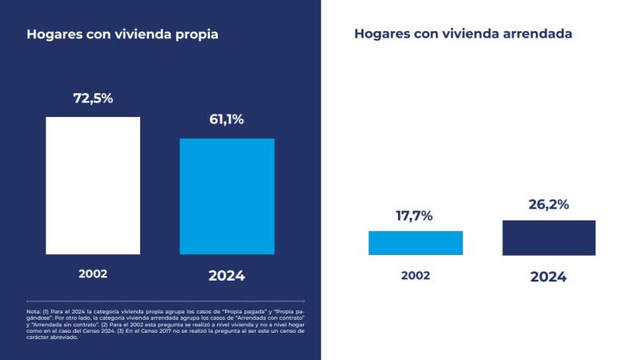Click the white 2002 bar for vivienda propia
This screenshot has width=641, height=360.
tap(93, 185)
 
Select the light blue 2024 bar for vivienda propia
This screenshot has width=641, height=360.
tap(227, 196)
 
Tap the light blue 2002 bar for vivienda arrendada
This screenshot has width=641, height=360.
tap(415, 243)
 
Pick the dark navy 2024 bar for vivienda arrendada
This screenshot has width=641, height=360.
tap(549, 237)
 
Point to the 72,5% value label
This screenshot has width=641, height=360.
tap(93, 99)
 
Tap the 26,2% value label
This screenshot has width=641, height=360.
tap(549, 204)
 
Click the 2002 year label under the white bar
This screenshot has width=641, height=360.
tap(93, 273)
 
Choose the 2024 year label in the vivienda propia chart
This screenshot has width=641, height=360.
tap(227, 276)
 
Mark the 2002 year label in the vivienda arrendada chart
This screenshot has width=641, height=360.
tap(415, 275)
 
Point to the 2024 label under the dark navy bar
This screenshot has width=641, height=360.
tap(548, 277)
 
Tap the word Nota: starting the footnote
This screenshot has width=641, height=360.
tap(34, 310)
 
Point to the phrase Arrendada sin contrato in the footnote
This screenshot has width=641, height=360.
tap(61, 324)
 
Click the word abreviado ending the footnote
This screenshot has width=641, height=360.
tap(63, 338)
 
